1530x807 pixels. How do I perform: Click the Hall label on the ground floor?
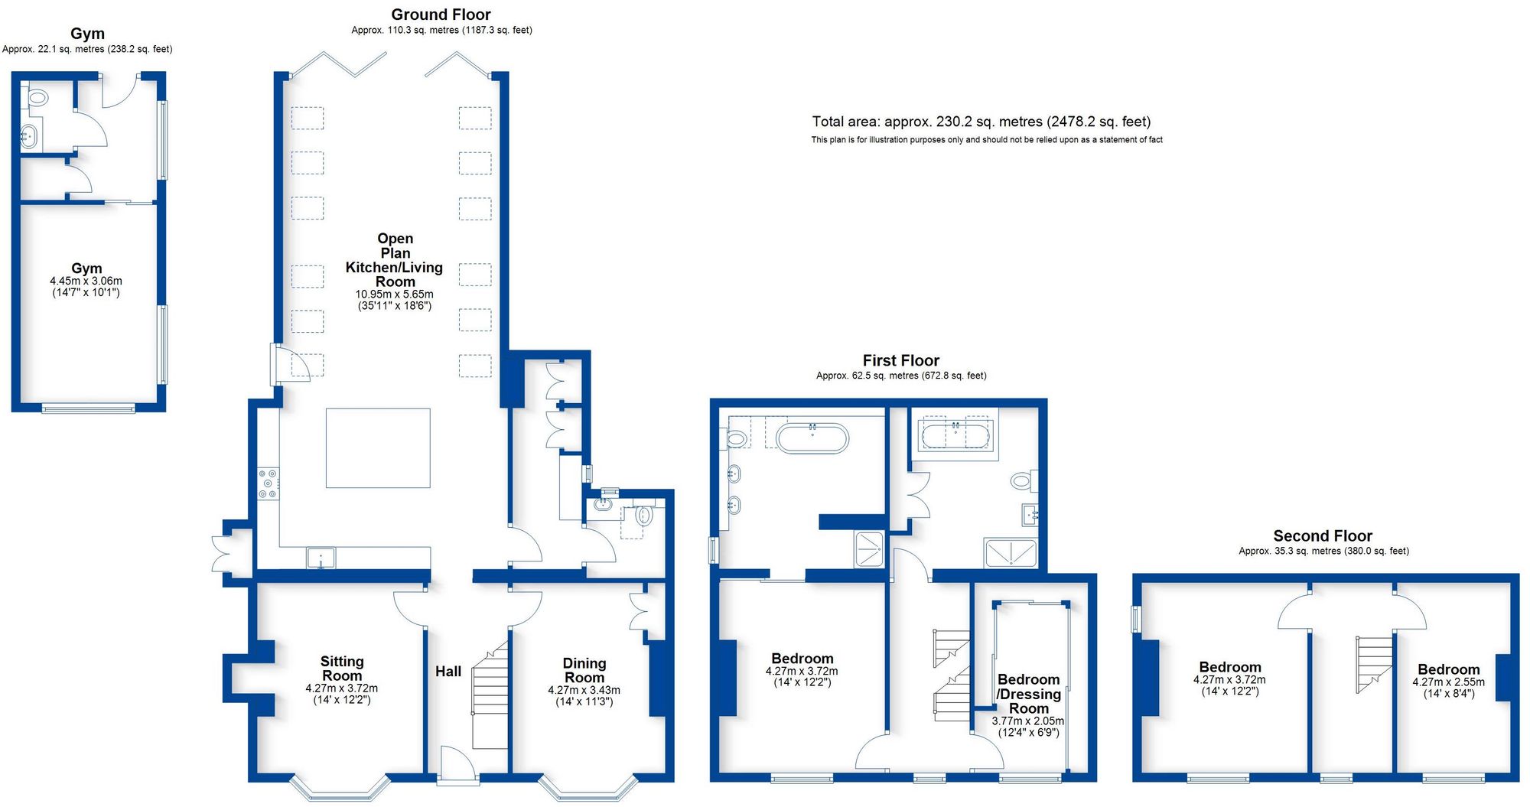448,672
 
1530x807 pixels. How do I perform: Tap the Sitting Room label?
342,669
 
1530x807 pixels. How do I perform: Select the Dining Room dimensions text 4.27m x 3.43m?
584,690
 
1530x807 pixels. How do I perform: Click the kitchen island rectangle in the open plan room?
378,448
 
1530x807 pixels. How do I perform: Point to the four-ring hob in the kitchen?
268,484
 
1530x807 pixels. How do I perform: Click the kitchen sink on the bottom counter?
321,558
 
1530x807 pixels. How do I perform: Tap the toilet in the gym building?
36,98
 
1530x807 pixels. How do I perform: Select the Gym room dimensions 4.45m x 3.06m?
86,281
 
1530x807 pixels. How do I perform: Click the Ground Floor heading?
441,15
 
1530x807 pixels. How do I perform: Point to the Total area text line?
981,122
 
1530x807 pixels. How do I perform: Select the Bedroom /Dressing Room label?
1028,694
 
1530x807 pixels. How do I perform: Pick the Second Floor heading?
1323,536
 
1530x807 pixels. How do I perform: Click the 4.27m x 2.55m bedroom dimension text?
1448,682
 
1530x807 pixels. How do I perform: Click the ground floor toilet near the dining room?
643,516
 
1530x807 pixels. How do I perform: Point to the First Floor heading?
900,360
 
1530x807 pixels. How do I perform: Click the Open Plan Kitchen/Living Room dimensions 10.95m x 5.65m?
394,294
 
